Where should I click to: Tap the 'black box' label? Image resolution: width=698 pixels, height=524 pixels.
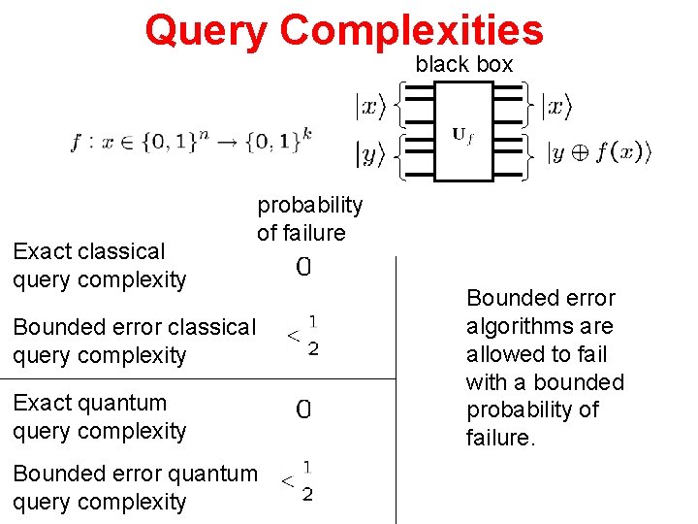[464, 64]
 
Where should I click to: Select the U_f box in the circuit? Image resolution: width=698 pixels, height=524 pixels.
[462, 131]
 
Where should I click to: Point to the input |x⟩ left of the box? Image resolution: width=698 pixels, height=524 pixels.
[368, 106]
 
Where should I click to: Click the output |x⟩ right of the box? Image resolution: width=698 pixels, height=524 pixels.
[555, 106]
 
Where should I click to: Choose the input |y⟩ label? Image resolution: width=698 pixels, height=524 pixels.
[368, 152]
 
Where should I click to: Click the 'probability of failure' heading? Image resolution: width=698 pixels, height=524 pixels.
[309, 218]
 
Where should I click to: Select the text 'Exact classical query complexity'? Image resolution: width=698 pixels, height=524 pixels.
[99, 265]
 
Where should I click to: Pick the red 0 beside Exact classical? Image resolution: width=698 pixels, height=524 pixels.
[303, 268]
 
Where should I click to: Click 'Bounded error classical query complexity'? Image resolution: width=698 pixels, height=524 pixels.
[134, 341]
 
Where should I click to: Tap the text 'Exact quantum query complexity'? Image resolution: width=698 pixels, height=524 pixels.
[99, 416]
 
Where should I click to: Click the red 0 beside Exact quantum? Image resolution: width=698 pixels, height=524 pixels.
[303, 410]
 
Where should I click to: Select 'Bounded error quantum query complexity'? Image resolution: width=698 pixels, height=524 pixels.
[135, 487]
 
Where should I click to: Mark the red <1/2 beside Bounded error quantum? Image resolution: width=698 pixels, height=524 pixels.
[298, 480]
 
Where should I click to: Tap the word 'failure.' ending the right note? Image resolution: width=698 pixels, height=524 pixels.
[499, 438]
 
